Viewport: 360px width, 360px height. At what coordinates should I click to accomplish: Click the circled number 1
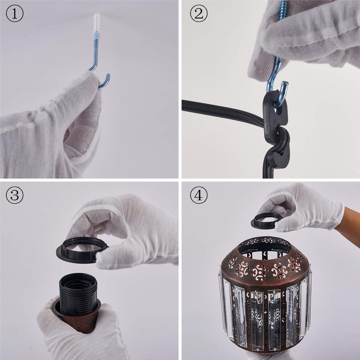click(15, 14)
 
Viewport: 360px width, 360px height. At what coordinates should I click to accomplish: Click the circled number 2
click(199, 14)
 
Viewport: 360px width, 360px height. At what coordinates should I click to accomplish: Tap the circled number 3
click(15, 196)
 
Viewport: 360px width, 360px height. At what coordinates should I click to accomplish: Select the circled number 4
click(199, 196)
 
